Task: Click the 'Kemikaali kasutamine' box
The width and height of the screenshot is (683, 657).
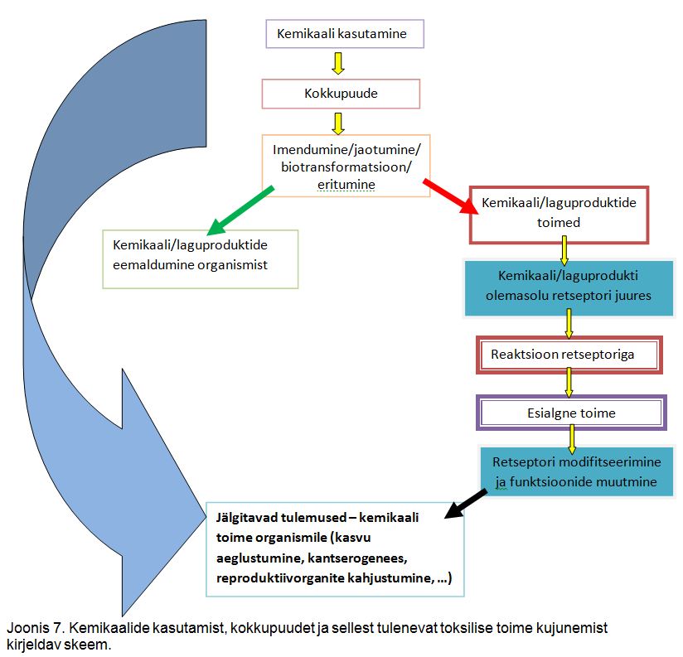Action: click(344, 34)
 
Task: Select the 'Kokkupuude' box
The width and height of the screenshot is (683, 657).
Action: click(341, 93)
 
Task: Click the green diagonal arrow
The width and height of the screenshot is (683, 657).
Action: click(240, 210)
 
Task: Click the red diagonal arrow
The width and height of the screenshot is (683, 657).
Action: click(448, 196)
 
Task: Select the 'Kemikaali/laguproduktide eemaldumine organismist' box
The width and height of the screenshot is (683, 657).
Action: click(199, 258)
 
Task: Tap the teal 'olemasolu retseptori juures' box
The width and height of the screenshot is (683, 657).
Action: click(568, 287)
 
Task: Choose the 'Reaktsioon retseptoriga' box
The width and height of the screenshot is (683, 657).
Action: click(569, 355)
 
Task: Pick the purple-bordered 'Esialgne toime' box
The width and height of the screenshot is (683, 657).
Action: click(571, 412)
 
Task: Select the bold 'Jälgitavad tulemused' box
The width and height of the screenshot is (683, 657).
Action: click(334, 548)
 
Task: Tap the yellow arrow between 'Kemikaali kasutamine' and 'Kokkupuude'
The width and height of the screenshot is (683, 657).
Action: click(337, 65)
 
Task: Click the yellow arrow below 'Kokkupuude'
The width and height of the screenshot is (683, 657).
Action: click(337, 123)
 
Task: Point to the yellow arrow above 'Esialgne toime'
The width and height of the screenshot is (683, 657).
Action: click(569, 383)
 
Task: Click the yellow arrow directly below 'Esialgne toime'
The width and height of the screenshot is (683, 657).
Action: click(572, 440)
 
